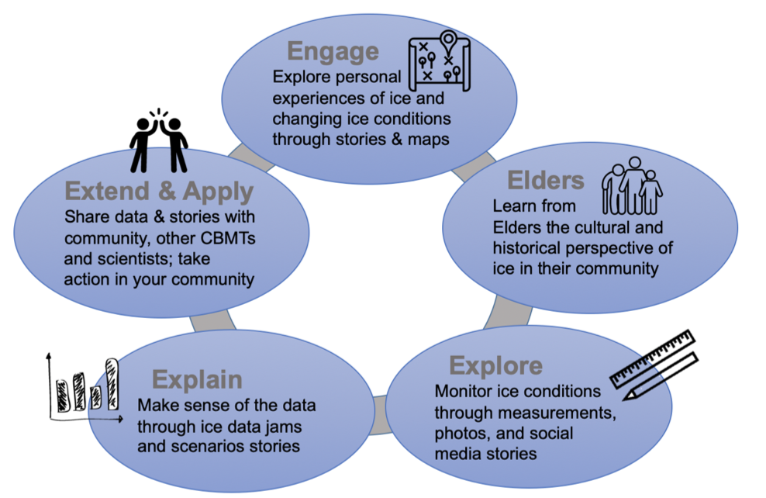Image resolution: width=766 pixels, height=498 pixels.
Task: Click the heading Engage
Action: coord(333,51)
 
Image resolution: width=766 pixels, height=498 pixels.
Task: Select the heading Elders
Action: coord(545,180)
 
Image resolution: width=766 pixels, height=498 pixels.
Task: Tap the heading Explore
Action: coord(496,365)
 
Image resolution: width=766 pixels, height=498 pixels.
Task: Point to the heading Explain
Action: coord(197,380)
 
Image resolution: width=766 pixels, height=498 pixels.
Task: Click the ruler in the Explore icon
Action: coord(653,359)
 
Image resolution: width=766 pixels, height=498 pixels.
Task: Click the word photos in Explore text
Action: coord(464,432)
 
